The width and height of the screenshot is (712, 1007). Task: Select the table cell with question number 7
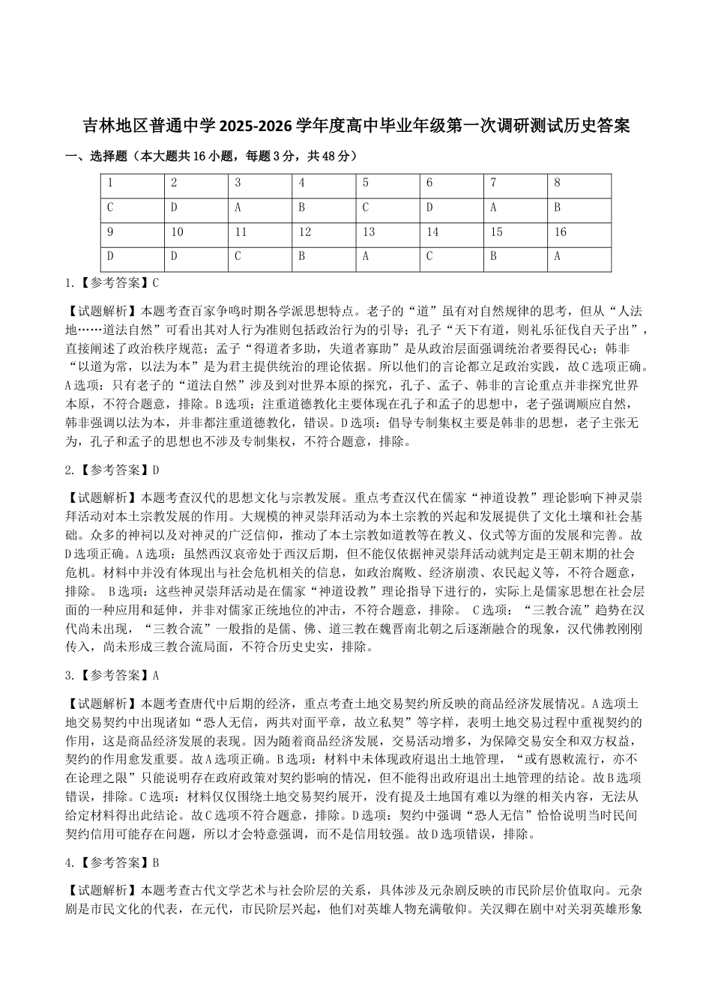click(x=516, y=183)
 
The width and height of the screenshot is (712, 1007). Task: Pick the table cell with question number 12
click(x=324, y=232)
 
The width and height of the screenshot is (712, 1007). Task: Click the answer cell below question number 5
click(x=387, y=208)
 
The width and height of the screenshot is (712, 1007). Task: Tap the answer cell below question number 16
click(x=579, y=257)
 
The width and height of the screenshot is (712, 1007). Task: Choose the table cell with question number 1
click(x=132, y=183)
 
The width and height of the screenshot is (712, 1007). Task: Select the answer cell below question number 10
click(x=196, y=257)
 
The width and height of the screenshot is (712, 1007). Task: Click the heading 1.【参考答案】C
click(x=112, y=283)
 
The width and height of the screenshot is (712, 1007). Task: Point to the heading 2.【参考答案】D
click(x=112, y=470)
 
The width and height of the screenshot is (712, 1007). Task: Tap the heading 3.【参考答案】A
click(x=112, y=675)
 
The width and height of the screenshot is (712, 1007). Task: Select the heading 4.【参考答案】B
click(x=112, y=862)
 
